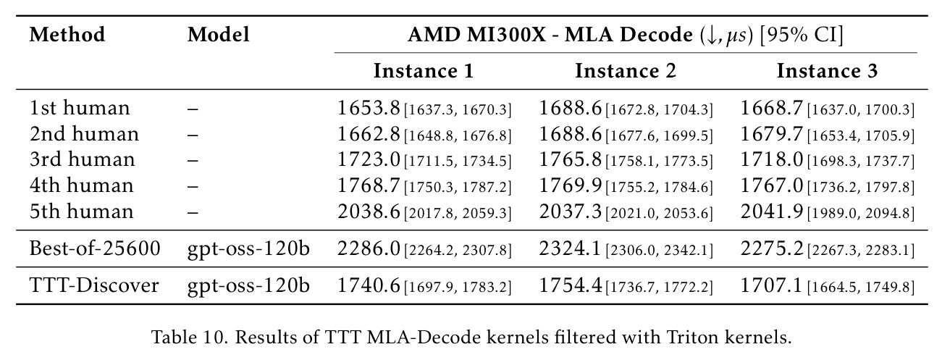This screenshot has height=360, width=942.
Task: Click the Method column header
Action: (67, 35)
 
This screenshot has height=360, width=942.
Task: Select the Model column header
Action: (218, 35)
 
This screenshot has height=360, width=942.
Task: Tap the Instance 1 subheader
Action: (424, 71)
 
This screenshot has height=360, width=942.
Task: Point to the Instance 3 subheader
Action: (827, 71)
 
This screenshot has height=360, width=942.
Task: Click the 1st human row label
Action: (80, 108)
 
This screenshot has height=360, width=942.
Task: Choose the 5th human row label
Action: (81, 211)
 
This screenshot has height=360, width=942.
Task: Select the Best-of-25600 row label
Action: (95, 248)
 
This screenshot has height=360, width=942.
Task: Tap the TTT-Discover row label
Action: (94, 285)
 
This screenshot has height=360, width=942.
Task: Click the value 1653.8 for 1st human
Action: (369, 108)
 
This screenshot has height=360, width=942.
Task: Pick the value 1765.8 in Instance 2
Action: (570, 160)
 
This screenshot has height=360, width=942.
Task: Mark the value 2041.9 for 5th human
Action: (771, 211)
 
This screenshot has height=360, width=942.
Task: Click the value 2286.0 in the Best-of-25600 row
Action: (369, 248)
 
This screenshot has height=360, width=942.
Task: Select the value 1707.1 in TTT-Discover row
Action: (771, 285)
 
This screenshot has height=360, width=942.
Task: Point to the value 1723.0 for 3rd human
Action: (369, 160)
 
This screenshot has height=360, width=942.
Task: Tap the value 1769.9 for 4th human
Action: (570, 185)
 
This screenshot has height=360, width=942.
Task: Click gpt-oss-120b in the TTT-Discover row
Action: (248, 286)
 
